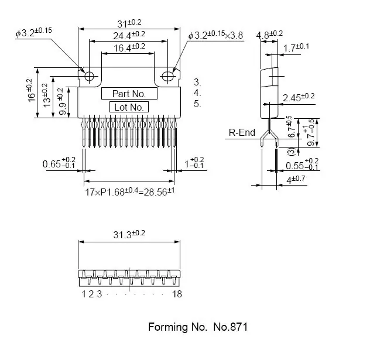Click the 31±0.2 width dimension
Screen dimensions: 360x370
tap(129, 23)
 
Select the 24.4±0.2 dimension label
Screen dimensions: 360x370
tap(129, 35)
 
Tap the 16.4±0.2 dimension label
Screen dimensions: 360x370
tap(129, 47)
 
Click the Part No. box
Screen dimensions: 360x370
tap(129, 94)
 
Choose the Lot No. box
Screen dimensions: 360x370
tap(129, 107)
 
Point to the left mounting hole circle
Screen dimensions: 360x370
tap(90, 76)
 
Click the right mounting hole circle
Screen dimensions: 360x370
tap(168, 76)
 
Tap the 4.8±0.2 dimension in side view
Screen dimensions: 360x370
tap(270, 35)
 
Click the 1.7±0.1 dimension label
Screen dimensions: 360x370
tap(296, 47)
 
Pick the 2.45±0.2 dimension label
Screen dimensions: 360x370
tap(298, 97)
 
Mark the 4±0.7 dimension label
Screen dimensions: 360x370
tap(297, 180)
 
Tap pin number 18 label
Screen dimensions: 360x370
tap(177, 294)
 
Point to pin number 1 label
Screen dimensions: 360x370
tap(84, 294)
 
